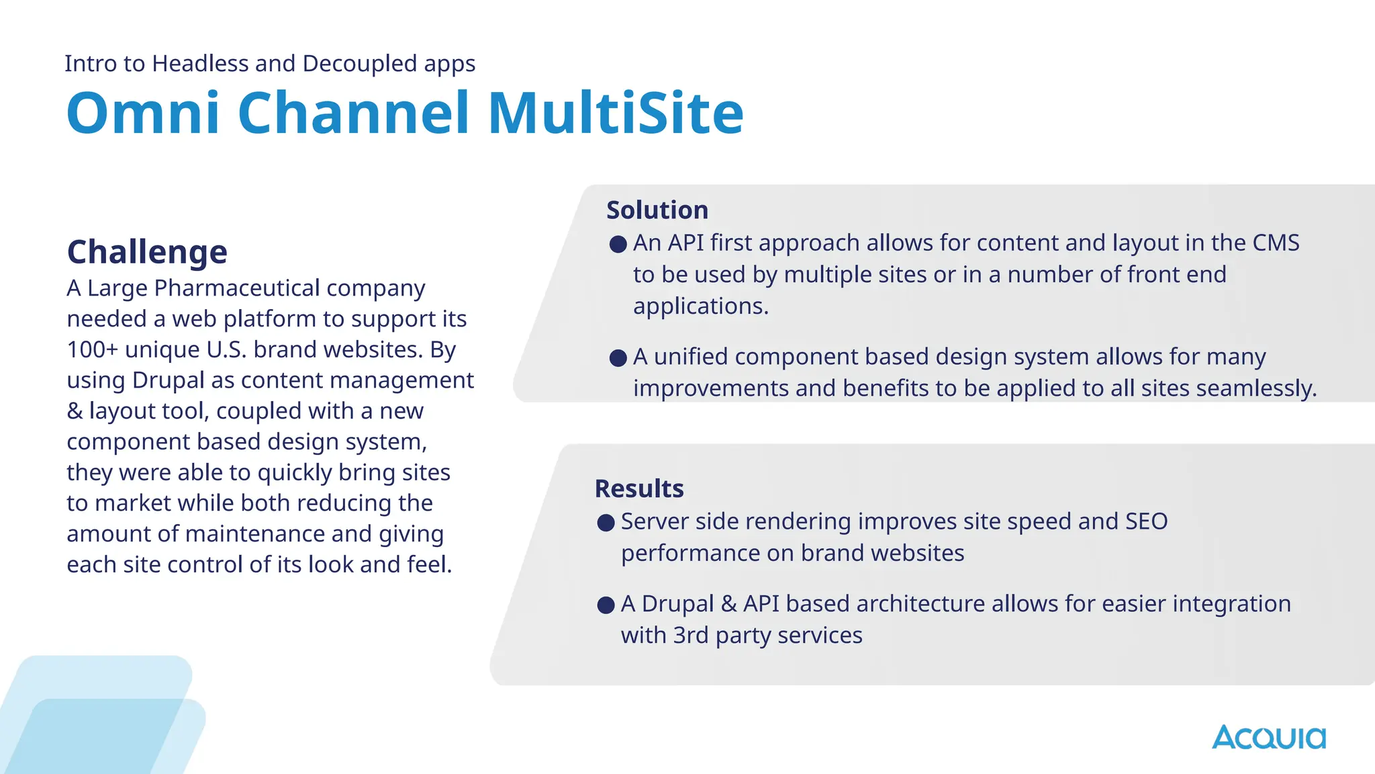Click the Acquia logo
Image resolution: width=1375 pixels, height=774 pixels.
(x=1268, y=737)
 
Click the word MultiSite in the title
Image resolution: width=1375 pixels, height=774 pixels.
(x=616, y=113)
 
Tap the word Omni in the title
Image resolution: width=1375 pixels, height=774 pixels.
(x=143, y=113)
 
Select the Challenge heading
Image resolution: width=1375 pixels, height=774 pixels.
(x=147, y=252)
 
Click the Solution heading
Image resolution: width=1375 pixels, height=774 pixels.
(x=657, y=210)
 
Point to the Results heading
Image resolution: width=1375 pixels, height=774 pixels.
(x=638, y=488)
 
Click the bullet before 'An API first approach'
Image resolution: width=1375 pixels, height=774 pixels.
(x=618, y=244)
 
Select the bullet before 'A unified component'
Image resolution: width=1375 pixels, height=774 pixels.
(x=618, y=357)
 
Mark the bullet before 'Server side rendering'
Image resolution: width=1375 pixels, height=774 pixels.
(x=606, y=523)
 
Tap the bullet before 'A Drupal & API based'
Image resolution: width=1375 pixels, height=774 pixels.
(x=606, y=605)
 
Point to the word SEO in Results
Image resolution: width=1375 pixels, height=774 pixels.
(x=1146, y=521)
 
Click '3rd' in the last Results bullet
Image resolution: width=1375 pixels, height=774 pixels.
(x=690, y=635)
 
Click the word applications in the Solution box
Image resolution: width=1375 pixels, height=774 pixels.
(x=700, y=306)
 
